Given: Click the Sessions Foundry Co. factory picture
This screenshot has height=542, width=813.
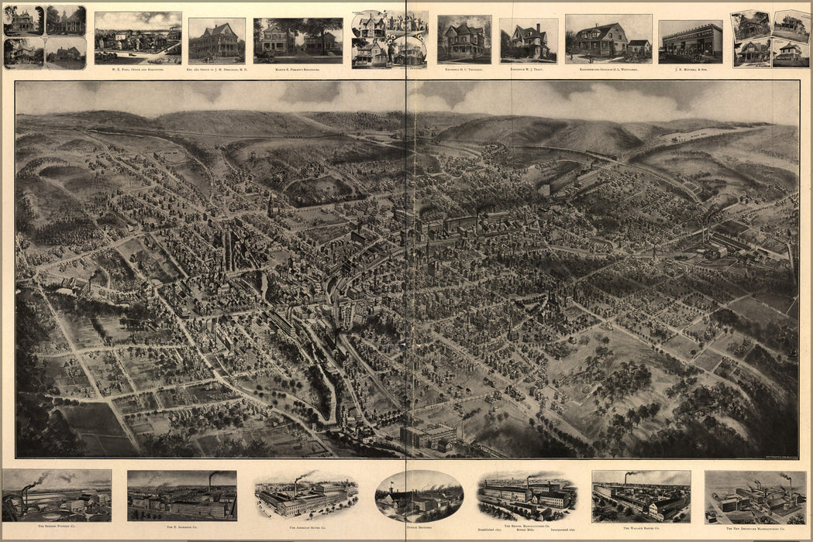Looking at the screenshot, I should (56, 496).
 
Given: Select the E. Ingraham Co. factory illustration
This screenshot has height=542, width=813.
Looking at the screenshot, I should (181, 496).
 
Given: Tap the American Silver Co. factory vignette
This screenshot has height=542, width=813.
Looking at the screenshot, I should (305, 496).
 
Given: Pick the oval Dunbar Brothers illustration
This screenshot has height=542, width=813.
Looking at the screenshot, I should (419, 496).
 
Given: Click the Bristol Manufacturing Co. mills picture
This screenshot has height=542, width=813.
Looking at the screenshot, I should (527, 496).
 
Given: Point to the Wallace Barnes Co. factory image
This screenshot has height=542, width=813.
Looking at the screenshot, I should (641, 496).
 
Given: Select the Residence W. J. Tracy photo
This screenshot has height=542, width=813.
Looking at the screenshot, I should (528, 40).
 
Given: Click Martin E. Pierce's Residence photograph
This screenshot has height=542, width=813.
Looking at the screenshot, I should (298, 40).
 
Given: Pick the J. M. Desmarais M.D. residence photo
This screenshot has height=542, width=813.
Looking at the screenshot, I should (216, 40).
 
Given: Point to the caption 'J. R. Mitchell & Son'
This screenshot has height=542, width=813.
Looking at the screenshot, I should (690, 69).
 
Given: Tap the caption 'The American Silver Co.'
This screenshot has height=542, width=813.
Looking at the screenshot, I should (305, 527).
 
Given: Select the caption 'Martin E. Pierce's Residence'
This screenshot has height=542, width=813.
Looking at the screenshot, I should (298, 69).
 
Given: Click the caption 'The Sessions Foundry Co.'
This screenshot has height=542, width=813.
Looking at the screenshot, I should (56, 527).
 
